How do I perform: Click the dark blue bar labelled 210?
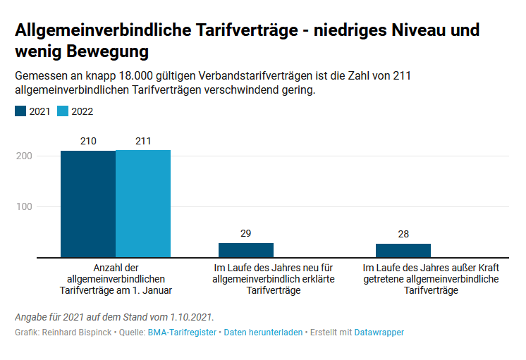[x=88, y=204]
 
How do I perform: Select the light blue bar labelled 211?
[x=143, y=204]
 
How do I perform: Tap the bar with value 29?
[x=246, y=250]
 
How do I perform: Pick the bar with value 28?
[x=403, y=251]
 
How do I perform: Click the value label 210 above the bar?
[x=88, y=141]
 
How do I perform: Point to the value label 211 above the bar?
[x=143, y=141]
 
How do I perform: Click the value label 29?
[x=246, y=233]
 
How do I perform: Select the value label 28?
[x=403, y=234]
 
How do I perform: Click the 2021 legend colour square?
[x=20, y=111]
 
